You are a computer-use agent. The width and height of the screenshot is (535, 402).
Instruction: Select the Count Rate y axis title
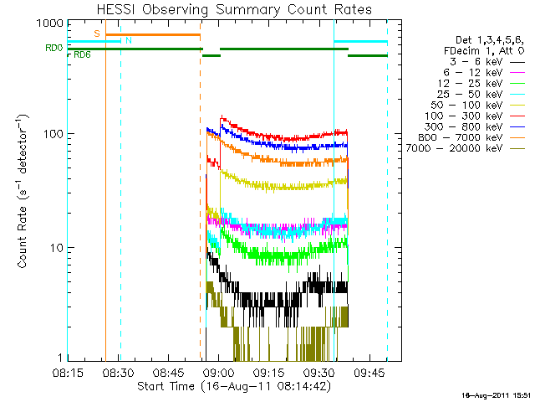click(23, 191)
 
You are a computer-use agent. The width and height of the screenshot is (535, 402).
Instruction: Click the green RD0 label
click(53, 48)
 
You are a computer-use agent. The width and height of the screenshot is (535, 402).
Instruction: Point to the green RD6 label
click(83, 55)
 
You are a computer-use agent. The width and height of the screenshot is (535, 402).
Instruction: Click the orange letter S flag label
click(97, 33)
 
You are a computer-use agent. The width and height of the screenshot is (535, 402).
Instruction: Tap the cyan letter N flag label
click(129, 39)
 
